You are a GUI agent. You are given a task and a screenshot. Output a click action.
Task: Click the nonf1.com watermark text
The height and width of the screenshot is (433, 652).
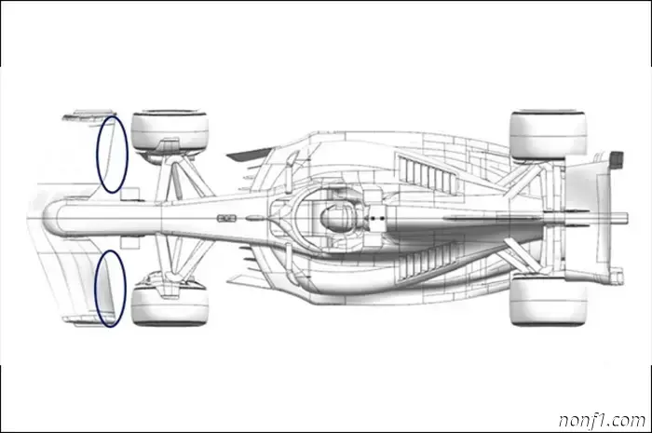coord(602,420)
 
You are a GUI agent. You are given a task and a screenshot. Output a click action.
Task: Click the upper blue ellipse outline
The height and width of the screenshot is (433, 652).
coord(98,154)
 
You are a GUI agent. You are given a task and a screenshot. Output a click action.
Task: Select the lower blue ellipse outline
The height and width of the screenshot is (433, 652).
coord(95,289)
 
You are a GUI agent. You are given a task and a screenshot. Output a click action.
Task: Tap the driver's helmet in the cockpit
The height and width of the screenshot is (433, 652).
coord(337,217)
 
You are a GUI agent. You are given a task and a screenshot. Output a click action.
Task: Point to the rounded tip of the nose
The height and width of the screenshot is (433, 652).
coord(43,217)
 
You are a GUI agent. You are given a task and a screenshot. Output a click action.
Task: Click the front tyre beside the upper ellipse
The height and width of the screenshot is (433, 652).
coord(170,132)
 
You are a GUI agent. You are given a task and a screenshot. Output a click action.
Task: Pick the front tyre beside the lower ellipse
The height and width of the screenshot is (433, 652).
coord(170,304)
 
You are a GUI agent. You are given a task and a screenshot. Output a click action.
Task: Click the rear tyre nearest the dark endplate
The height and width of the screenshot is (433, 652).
coord(548,134)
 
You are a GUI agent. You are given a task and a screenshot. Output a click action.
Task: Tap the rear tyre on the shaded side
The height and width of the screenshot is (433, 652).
coord(548,302)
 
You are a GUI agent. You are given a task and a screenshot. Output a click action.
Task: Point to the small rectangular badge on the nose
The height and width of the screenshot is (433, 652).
coord(226,218)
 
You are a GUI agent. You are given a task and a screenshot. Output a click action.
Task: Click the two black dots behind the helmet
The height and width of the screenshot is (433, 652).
coord(377,218)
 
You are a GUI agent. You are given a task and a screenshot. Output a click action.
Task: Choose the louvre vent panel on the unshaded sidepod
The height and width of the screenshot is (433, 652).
coord(428,173)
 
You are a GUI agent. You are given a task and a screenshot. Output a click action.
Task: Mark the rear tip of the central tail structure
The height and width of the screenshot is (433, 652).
coord(627,218)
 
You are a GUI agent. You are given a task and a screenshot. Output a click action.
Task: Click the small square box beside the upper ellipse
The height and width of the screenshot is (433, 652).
coord(129,194)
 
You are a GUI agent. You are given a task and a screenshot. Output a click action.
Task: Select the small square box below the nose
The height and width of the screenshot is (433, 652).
coord(130,243)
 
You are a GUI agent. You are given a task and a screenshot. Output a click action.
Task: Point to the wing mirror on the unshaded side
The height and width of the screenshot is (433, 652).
coord(292,158)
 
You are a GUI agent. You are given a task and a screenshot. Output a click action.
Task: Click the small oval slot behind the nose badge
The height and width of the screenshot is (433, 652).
coord(252,218)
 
